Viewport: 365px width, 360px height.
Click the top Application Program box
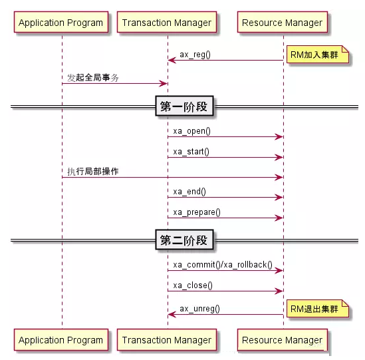[x=61, y=22]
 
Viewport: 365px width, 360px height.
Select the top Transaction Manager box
[x=167, y=22]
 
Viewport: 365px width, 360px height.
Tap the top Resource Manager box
[x=283, y=22]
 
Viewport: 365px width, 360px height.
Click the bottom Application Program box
[x=61, y=340]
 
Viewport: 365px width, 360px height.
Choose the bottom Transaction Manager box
[x=167, y=340]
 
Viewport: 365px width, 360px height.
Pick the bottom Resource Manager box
[x=283, y=340]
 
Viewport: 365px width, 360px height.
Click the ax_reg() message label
[x=195, y=55]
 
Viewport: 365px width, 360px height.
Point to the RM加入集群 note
[x=318, y=55]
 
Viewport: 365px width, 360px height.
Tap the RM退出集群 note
[x=318, y=309]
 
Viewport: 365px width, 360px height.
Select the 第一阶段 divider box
[x=184, y=106]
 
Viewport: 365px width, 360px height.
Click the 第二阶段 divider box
[x=184, y=240]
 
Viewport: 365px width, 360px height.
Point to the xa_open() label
[x=192, y=131]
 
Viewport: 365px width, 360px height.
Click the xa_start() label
[x=191, y=152]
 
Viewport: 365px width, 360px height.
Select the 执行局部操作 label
[x=93, y=171]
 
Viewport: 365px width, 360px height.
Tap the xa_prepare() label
[x=197, y=212]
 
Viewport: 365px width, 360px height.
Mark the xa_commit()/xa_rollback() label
[x=223, y=265]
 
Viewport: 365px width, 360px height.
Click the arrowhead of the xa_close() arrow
[x=279, y=291]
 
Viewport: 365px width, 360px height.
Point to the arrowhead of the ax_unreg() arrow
[x=172, y=314]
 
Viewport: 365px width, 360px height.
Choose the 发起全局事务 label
[x=93, y=78]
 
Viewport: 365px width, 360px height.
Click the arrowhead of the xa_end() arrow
[x=279, y=198]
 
